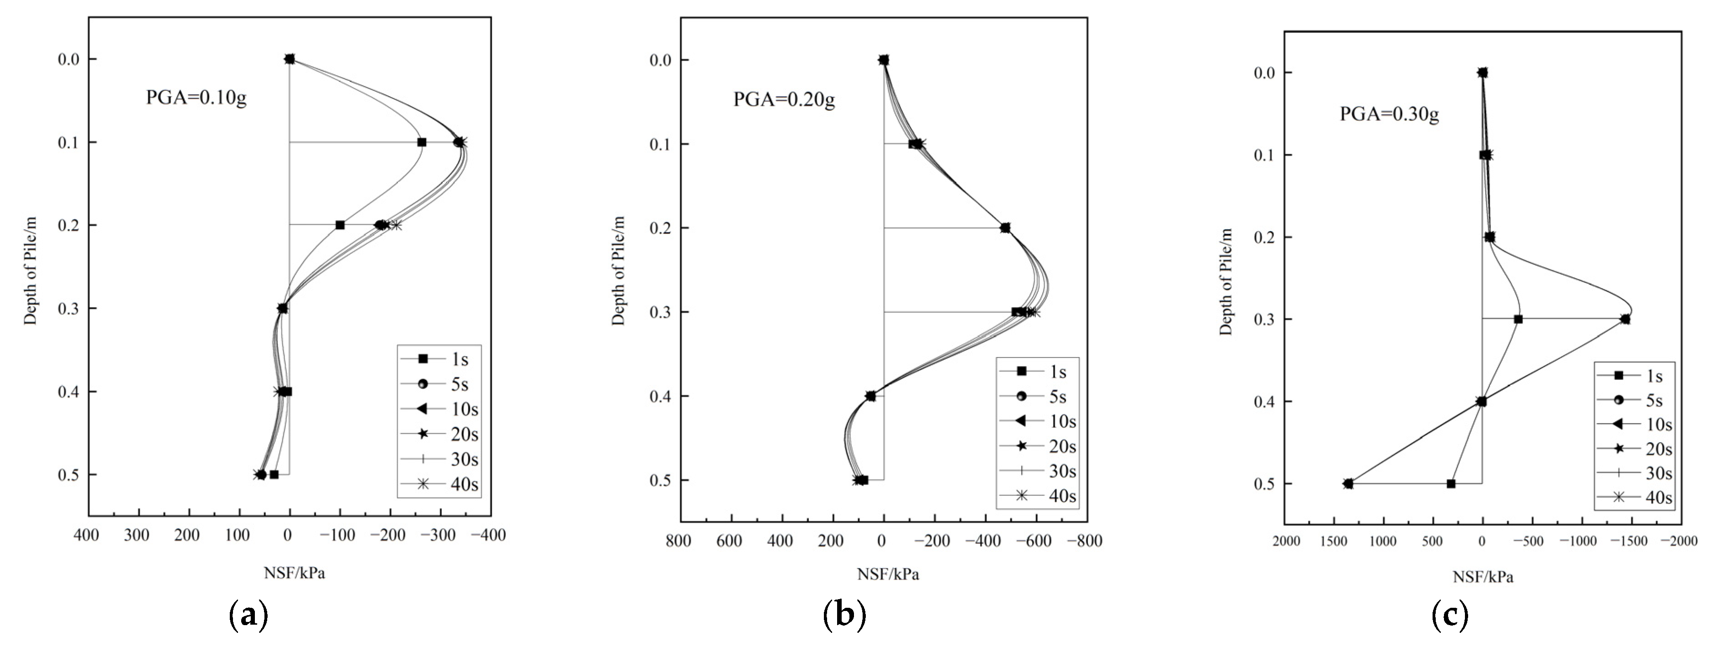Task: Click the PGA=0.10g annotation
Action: (x=196, y=98)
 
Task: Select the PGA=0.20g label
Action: (x=784, y=100)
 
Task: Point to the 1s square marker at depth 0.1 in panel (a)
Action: (x=421, y=142)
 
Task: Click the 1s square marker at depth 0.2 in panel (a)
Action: (x=340, y=225)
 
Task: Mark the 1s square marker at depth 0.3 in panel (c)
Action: (x=1518, y=319)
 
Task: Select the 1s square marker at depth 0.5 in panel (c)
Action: (x=1451, y=483)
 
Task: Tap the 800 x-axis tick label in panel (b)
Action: (x=679, y=541)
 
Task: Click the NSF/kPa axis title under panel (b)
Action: (x=888, y=574)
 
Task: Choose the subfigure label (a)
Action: (x=248, y=614)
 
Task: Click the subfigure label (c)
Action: (x=1449, y=614)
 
